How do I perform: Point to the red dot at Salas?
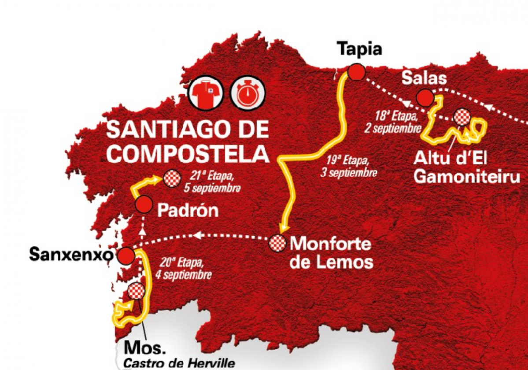(425, 98)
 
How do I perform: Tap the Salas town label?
(424, 78)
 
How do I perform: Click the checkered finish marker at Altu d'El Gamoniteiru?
(462, 117)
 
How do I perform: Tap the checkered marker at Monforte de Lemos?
(278, 242)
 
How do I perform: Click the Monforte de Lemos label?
(332, 253)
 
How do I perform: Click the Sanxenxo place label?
(69, 254)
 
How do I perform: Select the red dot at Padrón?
(144, 204)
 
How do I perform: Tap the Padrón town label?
(188, 211)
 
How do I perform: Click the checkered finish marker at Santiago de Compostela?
(172, 178)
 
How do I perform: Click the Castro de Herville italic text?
(179, 364)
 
